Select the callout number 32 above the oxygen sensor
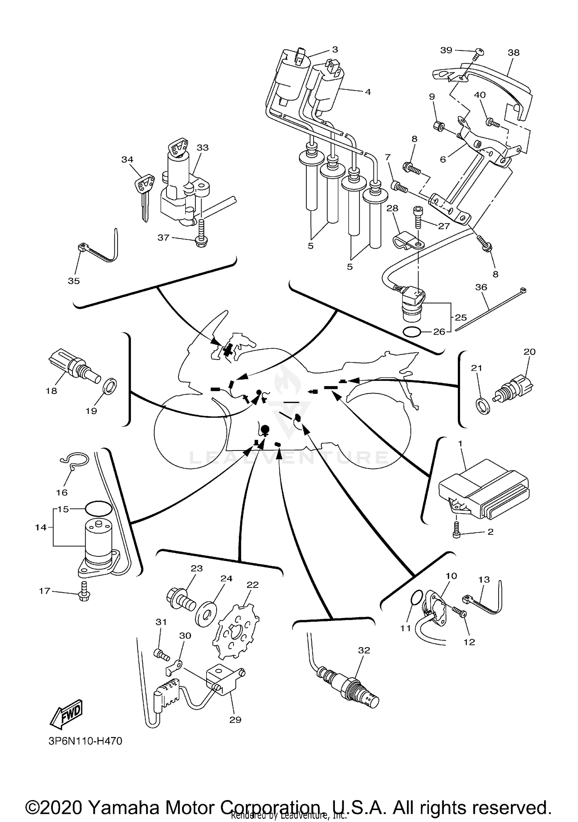click(x=364, y=650)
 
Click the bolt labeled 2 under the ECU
click(x=457, y=532)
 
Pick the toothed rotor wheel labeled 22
click(x=236, y=631)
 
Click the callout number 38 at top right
click(x=513, y=52)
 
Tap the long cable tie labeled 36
click(x=489, y=309)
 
